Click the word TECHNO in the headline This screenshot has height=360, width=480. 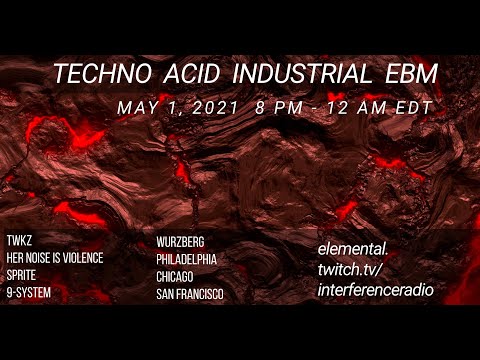click(x=104, y=74)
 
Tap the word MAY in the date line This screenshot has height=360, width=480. click(x=135, y=105)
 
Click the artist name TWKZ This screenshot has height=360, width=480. click(x=20, y=242)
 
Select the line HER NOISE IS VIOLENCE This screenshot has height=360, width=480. click(x=62, y=258)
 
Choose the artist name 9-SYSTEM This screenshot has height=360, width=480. click(x=28, y=292)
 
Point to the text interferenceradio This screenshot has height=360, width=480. click(x=375, y=289)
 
